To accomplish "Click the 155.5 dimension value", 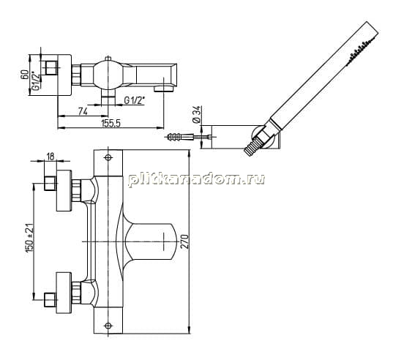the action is tap(111, 123).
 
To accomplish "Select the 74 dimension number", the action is tap(83, 111).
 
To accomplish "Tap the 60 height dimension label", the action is tap(25, 75).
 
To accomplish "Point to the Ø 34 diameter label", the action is tap(197, 114).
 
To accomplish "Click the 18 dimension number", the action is tap(50, 157).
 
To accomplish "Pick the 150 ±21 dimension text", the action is tap(29, 238).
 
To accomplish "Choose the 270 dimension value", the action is tap(184, 241).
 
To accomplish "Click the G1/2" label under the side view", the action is tap(135, 101).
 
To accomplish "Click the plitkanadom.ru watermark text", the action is tap(196, 179).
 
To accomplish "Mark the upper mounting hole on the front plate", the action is tap(108, 157).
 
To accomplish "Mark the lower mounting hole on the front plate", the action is tap(108, 326).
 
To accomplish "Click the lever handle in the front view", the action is tap(149, 241).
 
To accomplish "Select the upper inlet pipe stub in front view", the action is tap(50, 184).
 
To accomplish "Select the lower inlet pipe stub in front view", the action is tap(50, 299).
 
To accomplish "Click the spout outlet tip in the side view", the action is tap(165, 89).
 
